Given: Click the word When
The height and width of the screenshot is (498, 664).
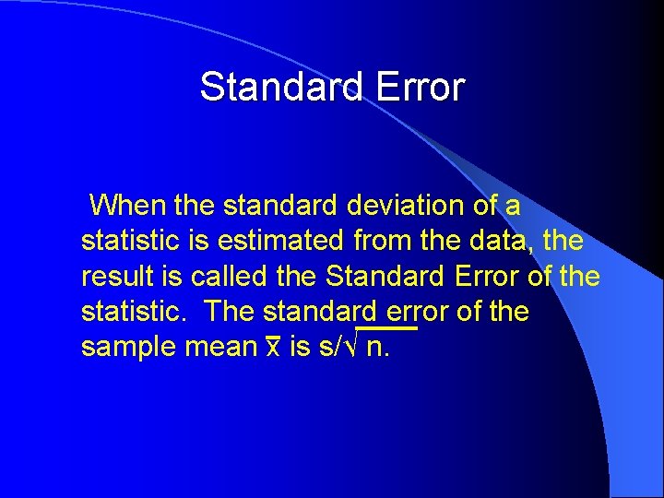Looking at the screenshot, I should pos(127,204).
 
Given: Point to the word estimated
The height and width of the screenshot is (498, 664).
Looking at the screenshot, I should pos(282,240).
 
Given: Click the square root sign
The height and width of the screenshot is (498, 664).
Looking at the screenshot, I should pos(352,348).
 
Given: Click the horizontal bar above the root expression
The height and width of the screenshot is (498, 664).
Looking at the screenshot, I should pos(386,328).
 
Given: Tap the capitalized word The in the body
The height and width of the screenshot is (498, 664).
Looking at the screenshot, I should pos(231,312).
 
